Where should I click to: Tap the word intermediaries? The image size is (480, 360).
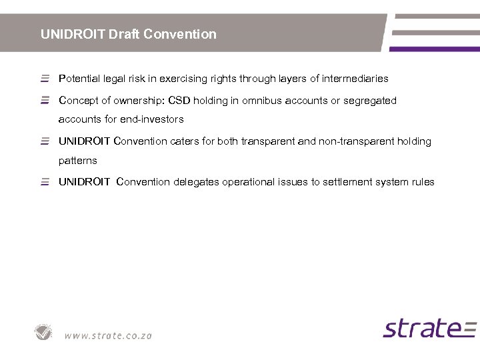[355, 79]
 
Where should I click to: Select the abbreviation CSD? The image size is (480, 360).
[179, 101]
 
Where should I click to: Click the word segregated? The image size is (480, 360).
[370, 101]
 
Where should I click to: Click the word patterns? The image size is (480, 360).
[78, 161]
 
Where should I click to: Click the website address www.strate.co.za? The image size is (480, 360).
[108, 335]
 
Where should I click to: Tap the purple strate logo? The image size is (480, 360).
[429, 329]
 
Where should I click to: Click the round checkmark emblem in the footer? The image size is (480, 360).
[44, 332]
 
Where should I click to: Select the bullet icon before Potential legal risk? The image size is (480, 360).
[45, 79]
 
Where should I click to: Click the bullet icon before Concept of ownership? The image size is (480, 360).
[45, 101]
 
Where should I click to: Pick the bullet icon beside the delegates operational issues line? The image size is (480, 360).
[45, 182]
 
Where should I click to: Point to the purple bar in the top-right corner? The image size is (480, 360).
[434, 49]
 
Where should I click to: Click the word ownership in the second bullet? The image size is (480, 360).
[127, 101]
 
